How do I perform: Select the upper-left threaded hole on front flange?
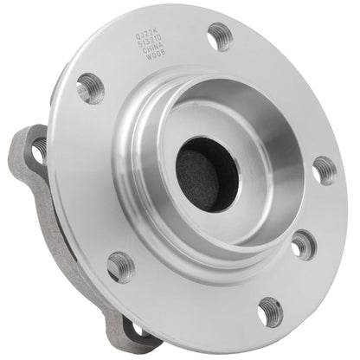pyautogui.click(x=89, y=87)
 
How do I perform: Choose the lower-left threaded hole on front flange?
pyautogui.click(x=120, y=265)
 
